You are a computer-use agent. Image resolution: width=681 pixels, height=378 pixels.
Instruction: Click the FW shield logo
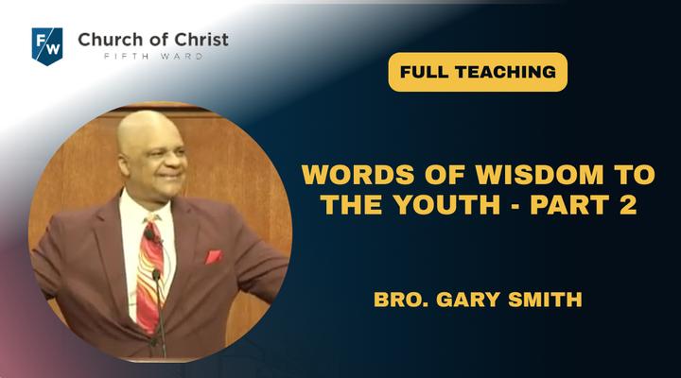click(x=47, y=46)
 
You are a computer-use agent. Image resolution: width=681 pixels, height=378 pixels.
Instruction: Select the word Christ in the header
click(x=201, y=40)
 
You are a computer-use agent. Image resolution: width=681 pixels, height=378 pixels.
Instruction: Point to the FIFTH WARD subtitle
click(x=153, y=57)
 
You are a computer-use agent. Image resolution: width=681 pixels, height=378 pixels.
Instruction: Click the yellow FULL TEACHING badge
click(x=478, y=72)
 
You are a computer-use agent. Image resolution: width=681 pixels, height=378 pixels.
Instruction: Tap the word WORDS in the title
click(x=358, y=175)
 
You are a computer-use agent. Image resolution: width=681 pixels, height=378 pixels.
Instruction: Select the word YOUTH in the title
click(x=447, y=205)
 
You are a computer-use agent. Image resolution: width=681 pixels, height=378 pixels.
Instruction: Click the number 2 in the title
click(x=628, y=205)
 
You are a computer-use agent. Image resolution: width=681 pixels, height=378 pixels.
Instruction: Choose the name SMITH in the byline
click(x=545, y=300)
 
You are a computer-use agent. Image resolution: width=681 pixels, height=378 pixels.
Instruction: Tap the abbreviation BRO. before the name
click(x=401, y=300)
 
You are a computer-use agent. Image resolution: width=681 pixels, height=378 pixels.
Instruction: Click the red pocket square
click(x=213, y=256)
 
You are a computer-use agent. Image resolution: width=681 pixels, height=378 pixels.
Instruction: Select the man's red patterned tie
click(x=150, y=273)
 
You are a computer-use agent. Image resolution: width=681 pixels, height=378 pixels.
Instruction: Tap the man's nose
click(x=179, y=162)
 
